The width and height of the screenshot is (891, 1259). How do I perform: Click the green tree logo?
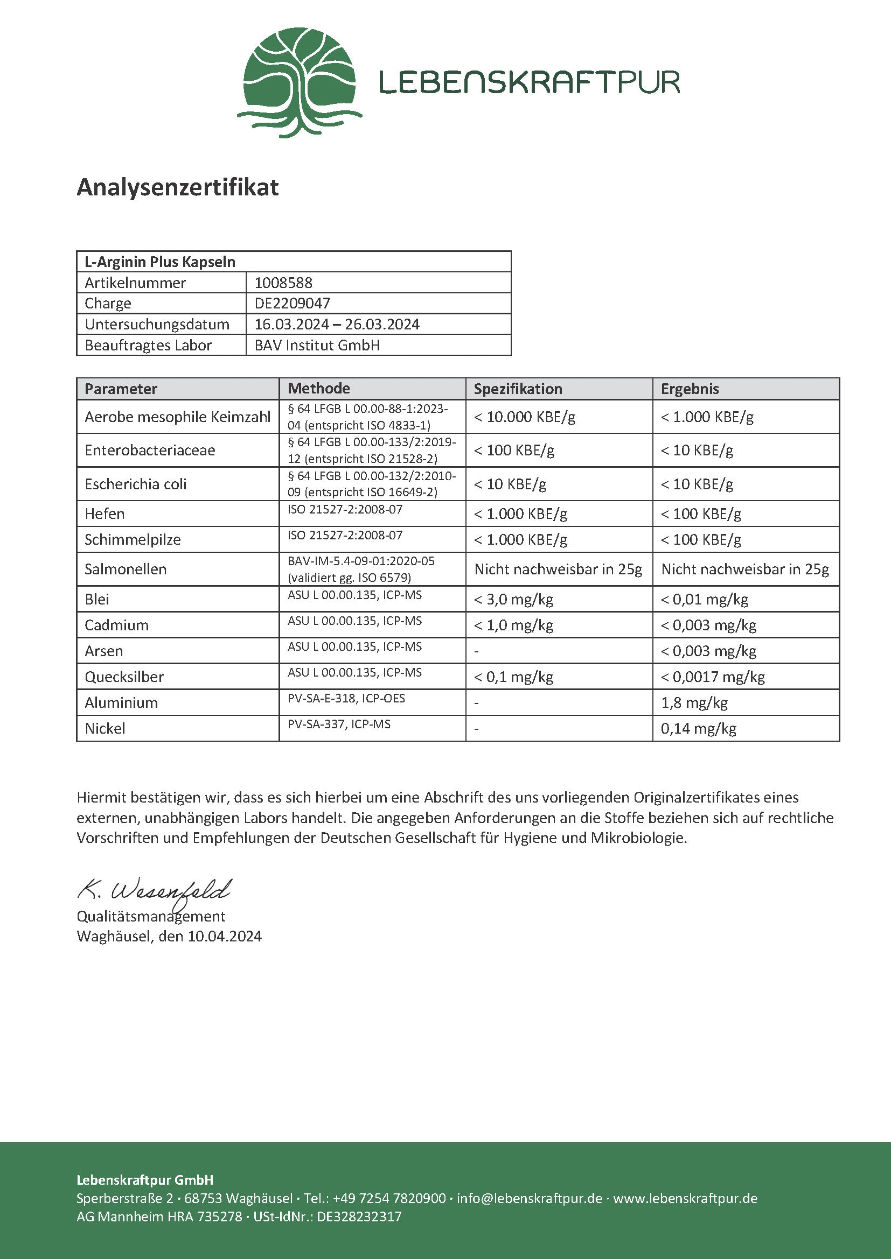tap(299, 82)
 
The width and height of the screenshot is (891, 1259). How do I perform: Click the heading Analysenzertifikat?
tap(178, 187)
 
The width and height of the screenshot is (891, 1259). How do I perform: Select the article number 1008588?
tap(283, 283)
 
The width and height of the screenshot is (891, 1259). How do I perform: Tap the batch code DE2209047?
tap(292, 303)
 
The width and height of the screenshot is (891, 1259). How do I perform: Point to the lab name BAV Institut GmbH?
tap(317, 346)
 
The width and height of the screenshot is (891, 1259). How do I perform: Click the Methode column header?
tap(319, 389)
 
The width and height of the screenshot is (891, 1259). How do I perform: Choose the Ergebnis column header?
tap(690, 389)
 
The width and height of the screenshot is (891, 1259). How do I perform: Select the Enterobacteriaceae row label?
tap(150, 450)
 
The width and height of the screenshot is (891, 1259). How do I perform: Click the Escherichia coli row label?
tap(136, 484)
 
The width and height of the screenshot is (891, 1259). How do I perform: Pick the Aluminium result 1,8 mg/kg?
tap(694, 703)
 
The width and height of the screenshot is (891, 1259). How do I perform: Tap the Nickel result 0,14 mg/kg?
tap(698, 729)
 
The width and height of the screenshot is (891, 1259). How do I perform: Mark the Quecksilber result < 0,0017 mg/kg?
tap(712, 677)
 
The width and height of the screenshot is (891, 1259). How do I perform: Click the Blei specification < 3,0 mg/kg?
tap(513, 599)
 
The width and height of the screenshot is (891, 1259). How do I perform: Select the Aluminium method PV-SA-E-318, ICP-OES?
tap(346, 699)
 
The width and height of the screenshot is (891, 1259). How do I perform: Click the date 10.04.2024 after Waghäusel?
tap(225, 936)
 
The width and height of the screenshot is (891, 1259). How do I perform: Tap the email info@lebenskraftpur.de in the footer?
tap(530, 1198)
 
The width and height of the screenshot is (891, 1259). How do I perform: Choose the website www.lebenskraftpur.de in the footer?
tap(685, 1198)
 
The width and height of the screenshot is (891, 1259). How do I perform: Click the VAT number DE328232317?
tap(359, 1216)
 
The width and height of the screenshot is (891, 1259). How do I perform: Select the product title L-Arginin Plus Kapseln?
tap(159, 262)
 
